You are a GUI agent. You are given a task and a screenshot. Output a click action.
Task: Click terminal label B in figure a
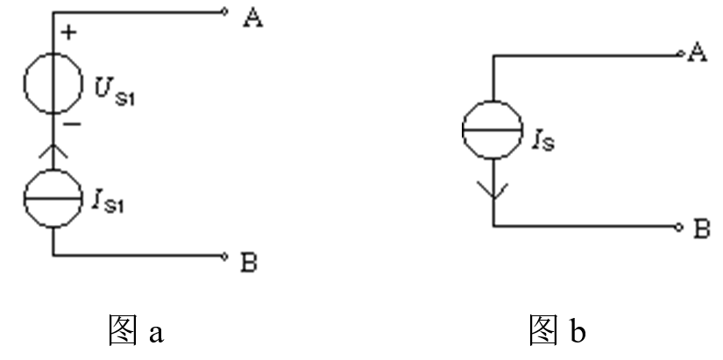click(x=249, y=260)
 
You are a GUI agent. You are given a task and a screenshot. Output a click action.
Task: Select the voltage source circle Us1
click(x=53, y=86)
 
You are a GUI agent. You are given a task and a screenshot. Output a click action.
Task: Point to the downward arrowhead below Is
click(x=493, y=187)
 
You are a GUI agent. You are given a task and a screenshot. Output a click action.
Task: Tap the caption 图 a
click(x=135, y=330)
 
